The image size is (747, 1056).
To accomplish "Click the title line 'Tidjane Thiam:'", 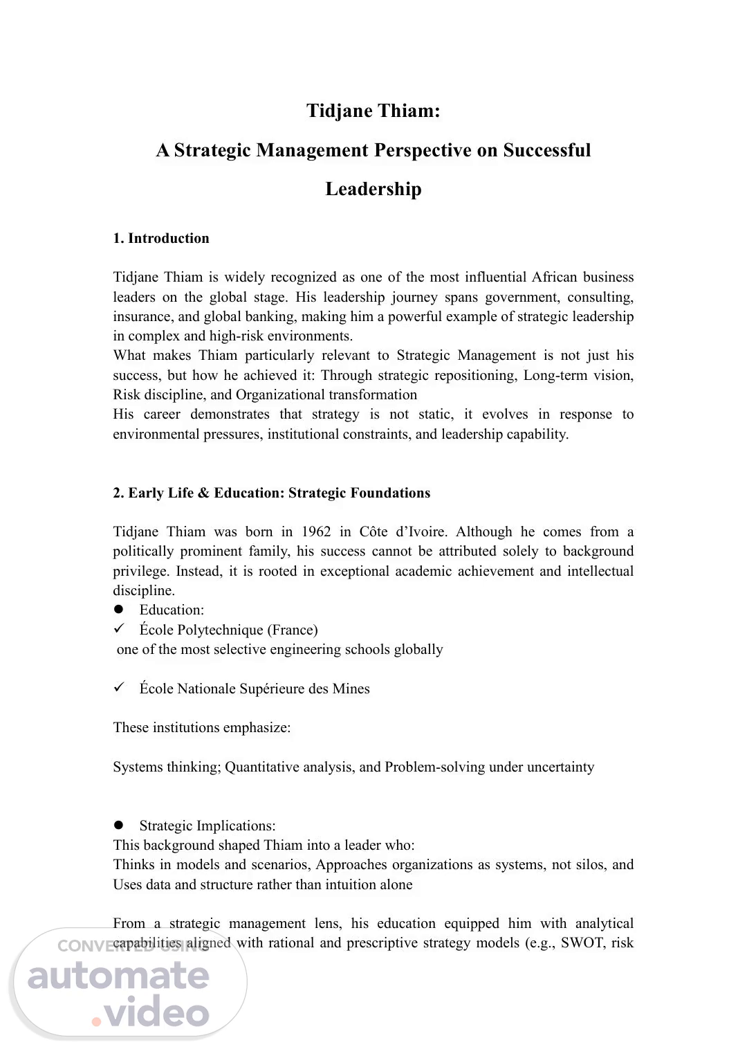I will tap(373, 111).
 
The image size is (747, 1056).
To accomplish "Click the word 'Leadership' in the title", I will tap(373, 189).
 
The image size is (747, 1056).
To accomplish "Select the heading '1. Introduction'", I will tap(161, 238).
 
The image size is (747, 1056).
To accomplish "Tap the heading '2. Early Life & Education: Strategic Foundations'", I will tap(271, 493).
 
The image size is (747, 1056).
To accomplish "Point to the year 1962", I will tap(316, 531).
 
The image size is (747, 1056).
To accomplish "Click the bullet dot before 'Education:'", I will tap(118, 610).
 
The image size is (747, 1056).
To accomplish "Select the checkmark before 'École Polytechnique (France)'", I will tap(118, 628).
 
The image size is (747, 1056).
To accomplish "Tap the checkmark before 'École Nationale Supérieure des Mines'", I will tap(118, 687).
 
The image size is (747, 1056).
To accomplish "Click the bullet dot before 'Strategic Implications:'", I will tap(118, 825).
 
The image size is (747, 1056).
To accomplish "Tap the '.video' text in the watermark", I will tap(151, 1014).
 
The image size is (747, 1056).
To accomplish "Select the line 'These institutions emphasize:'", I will tap(202, 727).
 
